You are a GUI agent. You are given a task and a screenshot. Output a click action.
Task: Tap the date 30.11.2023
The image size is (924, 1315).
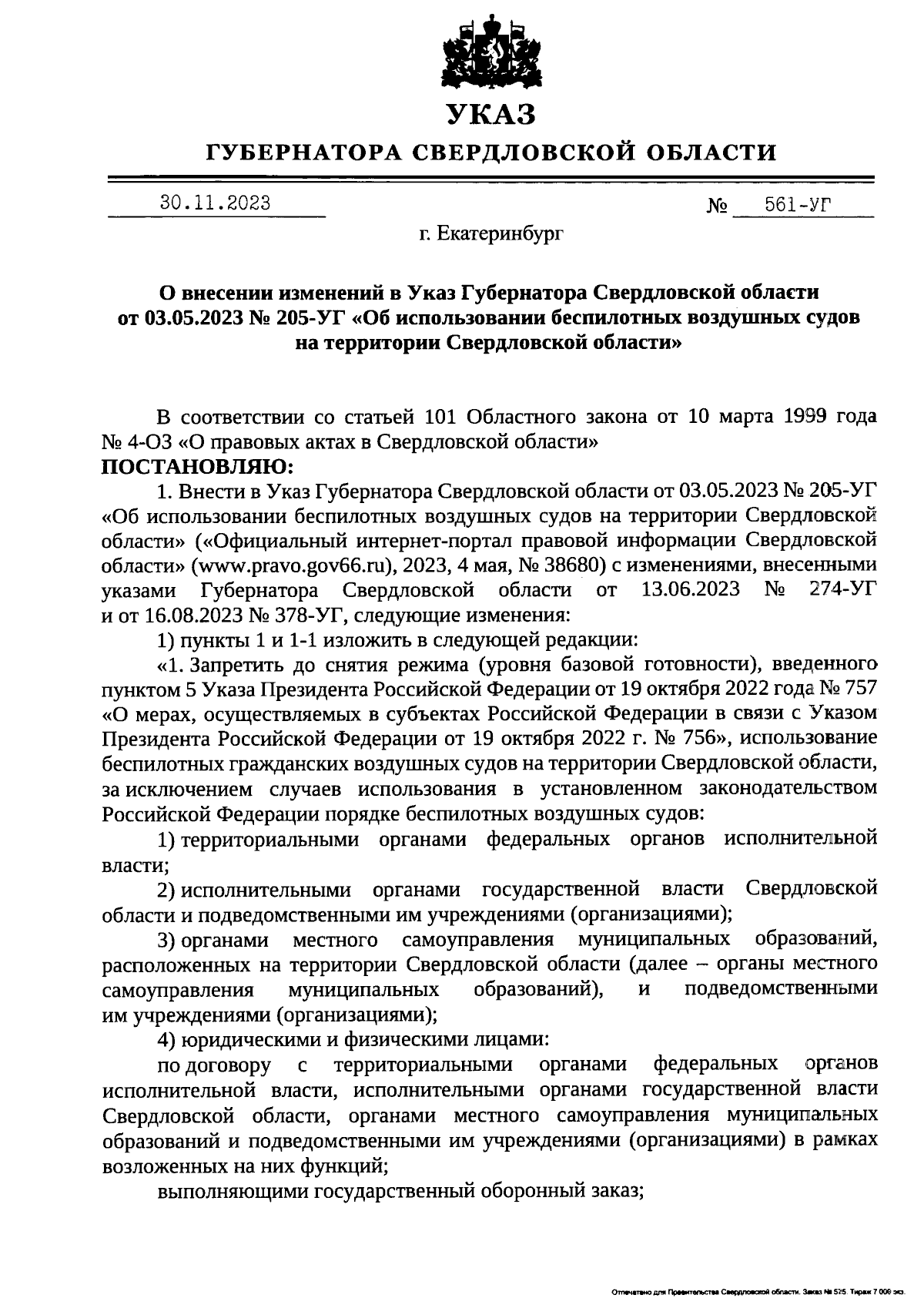(x=215, y=203)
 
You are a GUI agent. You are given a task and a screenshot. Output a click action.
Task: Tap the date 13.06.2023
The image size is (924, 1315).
(x=690, y=590)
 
